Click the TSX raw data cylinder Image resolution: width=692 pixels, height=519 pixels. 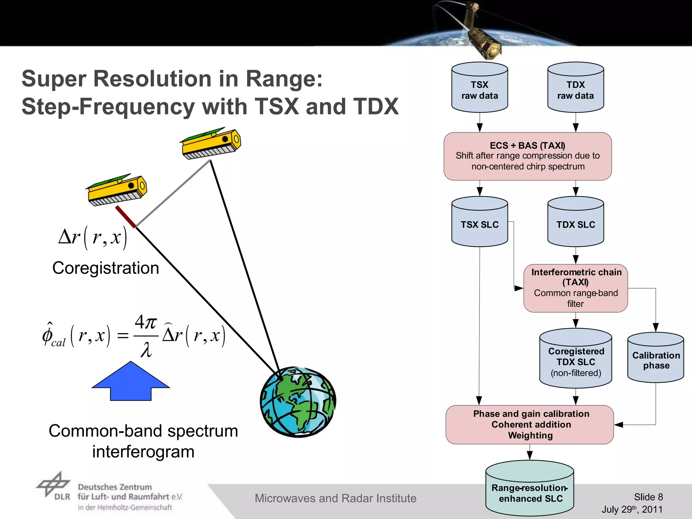point(479,88)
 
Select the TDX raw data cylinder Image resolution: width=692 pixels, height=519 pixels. point(575,88)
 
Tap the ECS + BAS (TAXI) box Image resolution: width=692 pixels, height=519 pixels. point(527,156)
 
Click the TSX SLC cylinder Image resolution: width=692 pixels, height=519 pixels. point(479,223)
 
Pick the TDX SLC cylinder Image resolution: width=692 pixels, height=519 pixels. point(575,223)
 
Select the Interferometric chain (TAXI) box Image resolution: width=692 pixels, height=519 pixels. point(575,288)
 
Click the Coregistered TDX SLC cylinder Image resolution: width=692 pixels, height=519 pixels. point(575,360)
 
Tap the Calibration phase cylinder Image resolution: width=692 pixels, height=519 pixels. point(656,359)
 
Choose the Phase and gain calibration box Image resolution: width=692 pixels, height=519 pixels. point(529,424)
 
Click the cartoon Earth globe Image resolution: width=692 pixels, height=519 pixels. point(298,401)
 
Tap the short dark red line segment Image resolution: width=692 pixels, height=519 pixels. point(125,217)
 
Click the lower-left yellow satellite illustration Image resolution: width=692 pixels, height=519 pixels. point(117,190)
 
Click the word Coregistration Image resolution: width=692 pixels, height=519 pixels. point(105,268)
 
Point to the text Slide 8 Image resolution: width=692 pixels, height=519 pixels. point(648,497)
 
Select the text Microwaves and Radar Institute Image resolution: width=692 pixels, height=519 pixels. point(335,498)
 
